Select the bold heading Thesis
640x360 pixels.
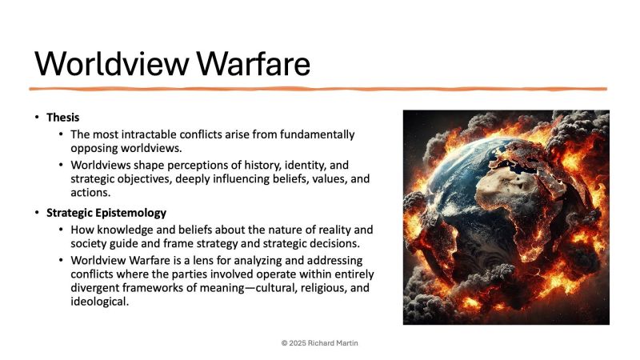pyautogui.click(x=62, y=118)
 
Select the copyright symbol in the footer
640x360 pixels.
pyautogui.click(x=284, y=342)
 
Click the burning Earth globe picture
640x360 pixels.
pyautogui.click(x=506, y=217)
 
